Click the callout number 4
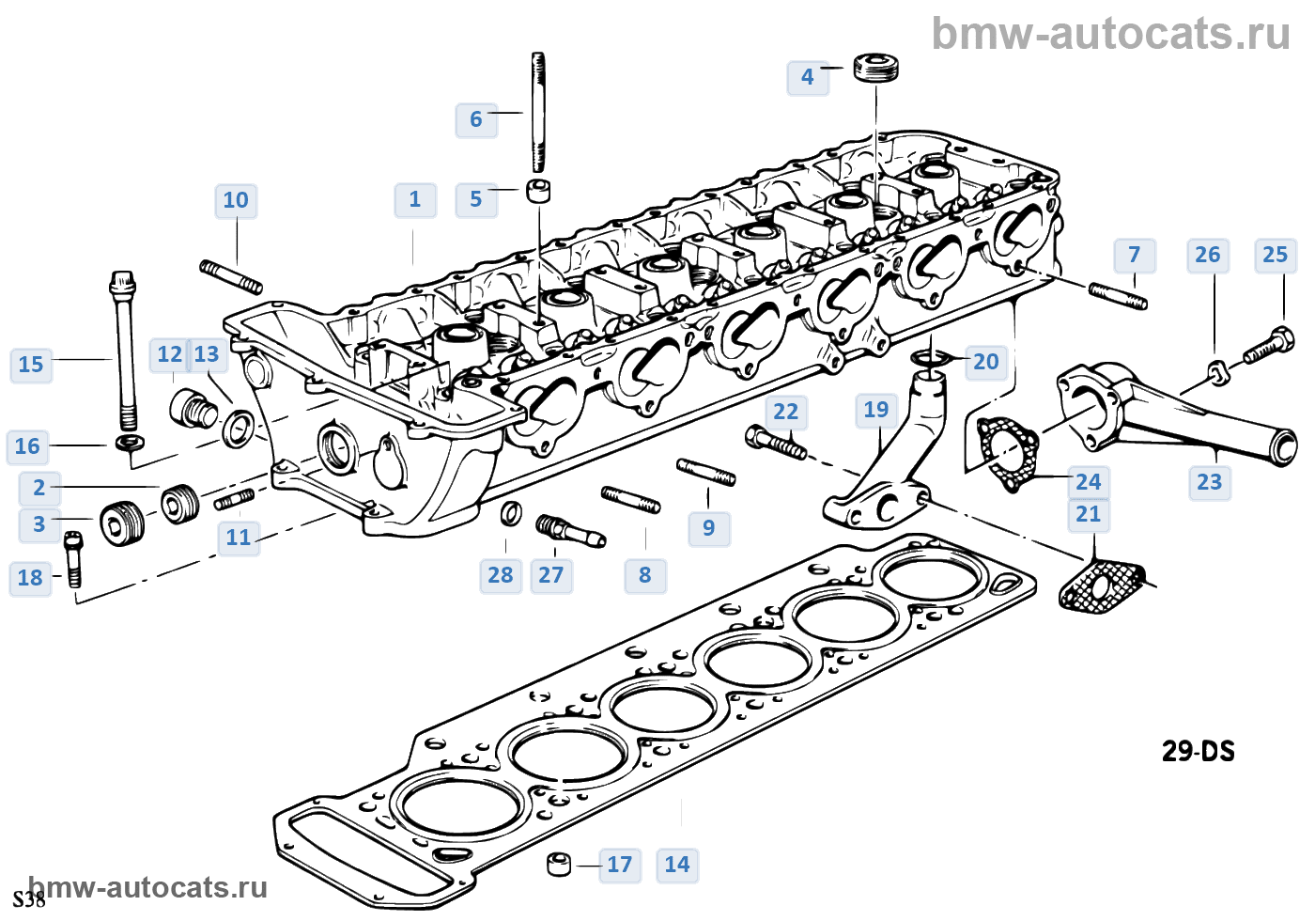click(808, 77)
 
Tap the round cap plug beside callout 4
click(875, 69)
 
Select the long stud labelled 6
click(537, 112)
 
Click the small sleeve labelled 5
click(537, 191)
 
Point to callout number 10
click(236, 200)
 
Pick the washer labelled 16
click(131, 443)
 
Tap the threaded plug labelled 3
click(122, 524)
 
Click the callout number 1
click(415, 199)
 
